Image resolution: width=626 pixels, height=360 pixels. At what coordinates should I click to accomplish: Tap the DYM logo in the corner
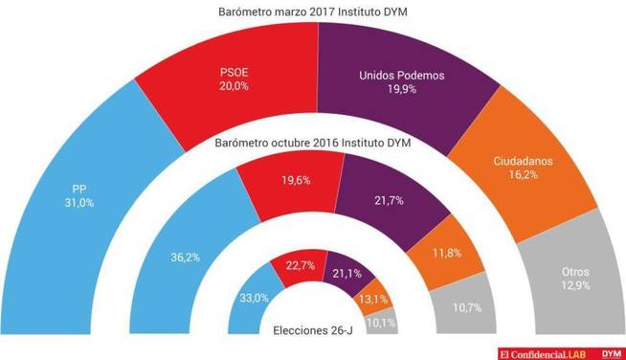[610, 351]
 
